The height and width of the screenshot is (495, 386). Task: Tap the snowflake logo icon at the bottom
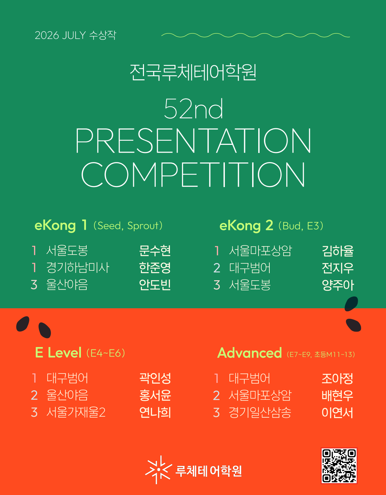pos(158,470)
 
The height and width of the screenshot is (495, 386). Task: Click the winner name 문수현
pos(155,251)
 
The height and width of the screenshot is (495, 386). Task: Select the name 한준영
pos(155,268)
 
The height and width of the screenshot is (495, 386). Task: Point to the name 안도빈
pos(155,285)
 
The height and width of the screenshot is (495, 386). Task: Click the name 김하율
pos(338,251)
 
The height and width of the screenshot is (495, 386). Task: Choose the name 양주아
pos(338,285)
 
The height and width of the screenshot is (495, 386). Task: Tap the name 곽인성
pos(155,378)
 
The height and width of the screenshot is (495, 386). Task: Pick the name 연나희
pos(155,412)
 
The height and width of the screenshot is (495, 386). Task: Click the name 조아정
pos(337,379)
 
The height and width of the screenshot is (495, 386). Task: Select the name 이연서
pos(337,413)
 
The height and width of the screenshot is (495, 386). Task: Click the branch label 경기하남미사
pos(78,268)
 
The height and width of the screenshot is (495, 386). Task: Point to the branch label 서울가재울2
pos(76,412)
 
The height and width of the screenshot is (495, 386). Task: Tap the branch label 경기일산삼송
pos(260,413)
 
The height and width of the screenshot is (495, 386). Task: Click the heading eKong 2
pos(246,226)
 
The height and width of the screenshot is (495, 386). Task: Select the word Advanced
pos(249,353)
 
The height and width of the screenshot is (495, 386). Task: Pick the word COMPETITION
pos(193,175)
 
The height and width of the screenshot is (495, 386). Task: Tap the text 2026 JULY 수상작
pos(76,35)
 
